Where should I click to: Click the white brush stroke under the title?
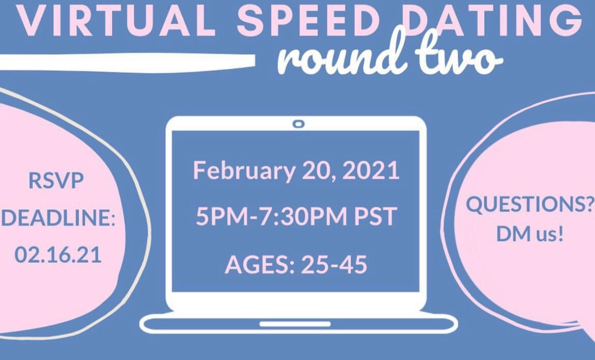(127, 62)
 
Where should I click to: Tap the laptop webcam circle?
(299, 124)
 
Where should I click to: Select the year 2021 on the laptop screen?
(371, 170)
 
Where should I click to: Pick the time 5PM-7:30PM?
(272, 216)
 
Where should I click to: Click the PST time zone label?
(375, 216)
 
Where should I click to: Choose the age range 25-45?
(334, 264)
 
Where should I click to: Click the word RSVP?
(56, 181)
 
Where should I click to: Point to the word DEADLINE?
(59, 218)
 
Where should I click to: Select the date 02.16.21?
(58, 255)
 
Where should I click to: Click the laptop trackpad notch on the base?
(295, 324)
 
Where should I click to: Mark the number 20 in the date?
(318, 171)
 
